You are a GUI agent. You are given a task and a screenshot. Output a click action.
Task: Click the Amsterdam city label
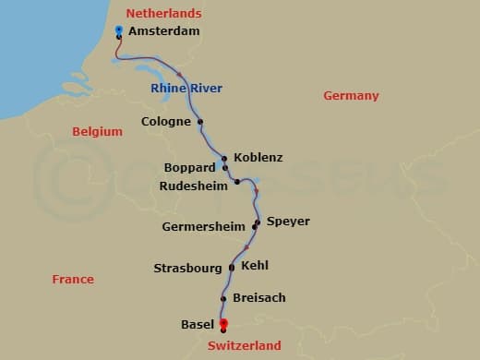pos(163,31)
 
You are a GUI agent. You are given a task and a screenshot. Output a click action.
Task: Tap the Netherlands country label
pos(163,13)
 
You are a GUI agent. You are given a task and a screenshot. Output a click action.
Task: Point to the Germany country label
pos(351,96)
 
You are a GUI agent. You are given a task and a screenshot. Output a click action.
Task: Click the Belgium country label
pos(97,132)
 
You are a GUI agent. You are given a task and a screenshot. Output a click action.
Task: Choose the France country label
pos(73,279)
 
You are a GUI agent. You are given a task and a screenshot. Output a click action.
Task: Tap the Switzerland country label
pos(244,345)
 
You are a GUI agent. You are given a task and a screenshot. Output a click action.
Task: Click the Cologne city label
pos(166,121)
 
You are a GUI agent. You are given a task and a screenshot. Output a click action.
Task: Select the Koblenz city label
pos(258,158)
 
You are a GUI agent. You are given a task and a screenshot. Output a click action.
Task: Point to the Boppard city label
pos(189,168)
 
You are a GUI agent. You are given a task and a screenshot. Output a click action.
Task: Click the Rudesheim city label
pos(193,185)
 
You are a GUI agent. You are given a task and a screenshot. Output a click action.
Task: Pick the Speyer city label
pos(288,222)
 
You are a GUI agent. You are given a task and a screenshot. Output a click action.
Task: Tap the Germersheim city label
pos(203,226)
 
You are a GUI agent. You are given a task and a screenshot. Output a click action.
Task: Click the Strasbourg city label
pos(188,269)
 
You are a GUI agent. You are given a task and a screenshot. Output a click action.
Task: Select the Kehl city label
pos(255,265)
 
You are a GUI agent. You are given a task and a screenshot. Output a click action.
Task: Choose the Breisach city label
pos(259,298)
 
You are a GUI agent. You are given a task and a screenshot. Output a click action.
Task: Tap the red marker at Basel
pos(223,323)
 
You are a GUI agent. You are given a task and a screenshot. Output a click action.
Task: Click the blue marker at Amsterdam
pos(119,30)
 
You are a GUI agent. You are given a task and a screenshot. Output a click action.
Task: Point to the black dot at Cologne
pos(200,121)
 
